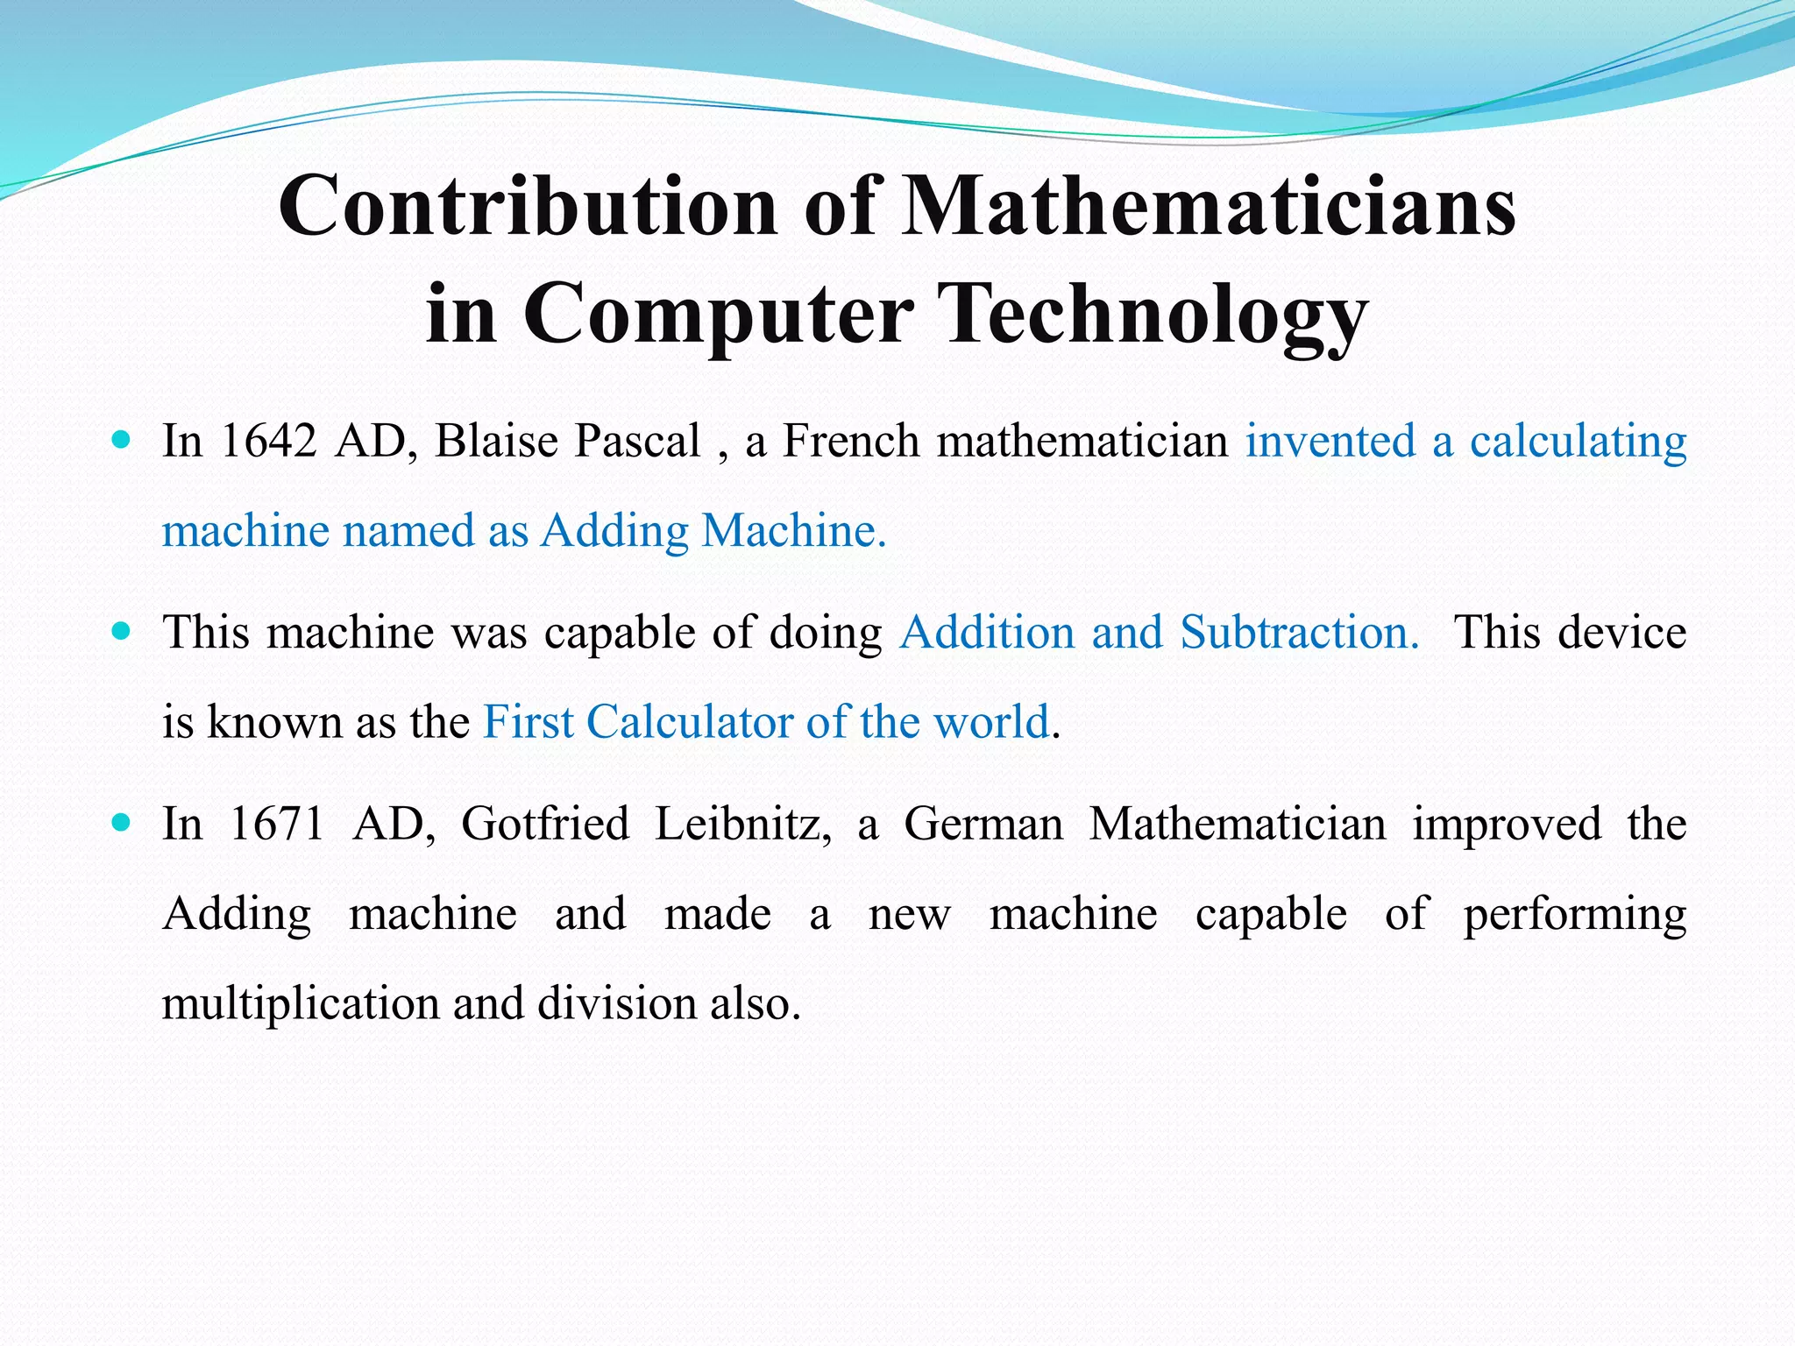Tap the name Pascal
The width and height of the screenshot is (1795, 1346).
point(636,441)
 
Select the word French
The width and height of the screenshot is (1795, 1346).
point(849,441)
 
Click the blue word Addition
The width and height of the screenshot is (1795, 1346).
point(987,632)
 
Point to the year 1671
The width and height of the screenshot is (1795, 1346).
point(276,824)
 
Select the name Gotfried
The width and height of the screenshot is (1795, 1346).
point(545,824)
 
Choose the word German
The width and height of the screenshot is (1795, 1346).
point(983,824)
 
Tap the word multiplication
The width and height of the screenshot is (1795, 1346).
point(301,1003)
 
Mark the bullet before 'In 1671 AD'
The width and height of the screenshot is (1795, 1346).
point(122,823)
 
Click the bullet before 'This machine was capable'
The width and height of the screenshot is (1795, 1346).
point(122,631)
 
